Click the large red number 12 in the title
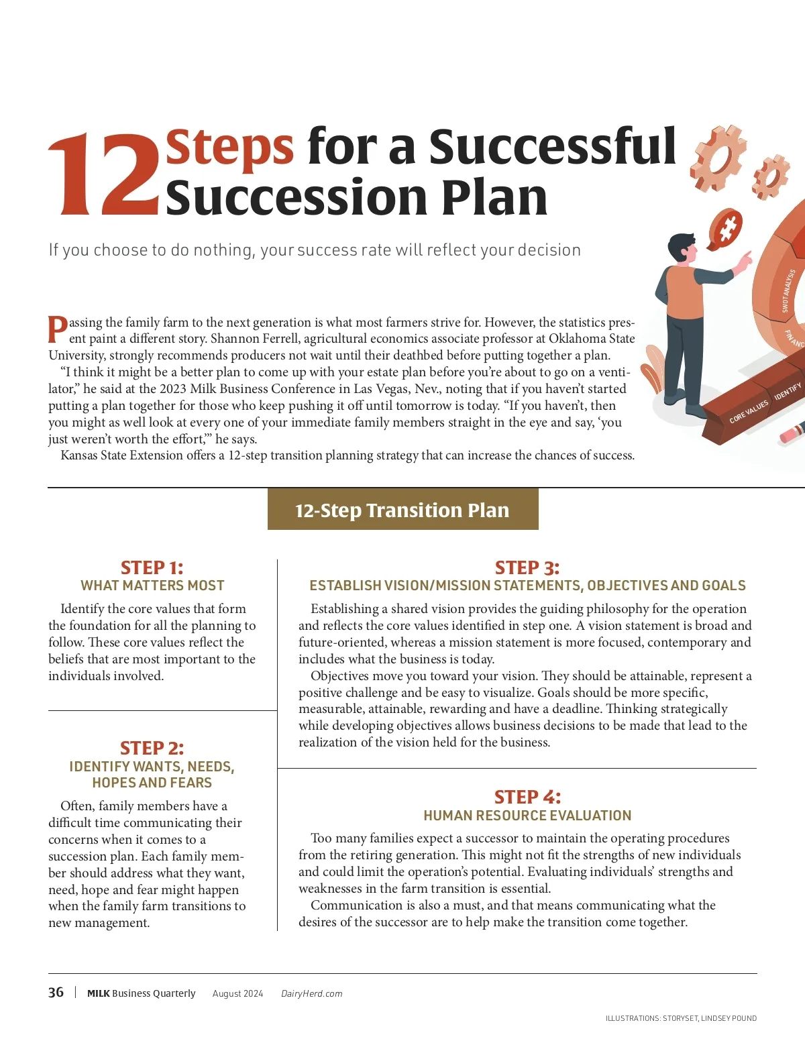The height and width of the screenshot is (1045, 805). [103, 174]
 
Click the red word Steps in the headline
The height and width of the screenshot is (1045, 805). [229, 147]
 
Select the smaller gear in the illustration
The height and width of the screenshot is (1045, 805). [770, 178]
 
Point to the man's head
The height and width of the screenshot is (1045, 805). [684, 248]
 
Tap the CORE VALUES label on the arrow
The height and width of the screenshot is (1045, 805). [749, 412]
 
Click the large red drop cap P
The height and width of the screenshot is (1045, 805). [57, 329]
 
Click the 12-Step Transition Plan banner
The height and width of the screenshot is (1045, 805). [402, 510]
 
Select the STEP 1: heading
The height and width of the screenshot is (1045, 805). [152, 567]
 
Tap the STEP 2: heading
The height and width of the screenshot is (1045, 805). [152, 748]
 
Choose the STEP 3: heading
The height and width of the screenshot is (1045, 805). [527, 567]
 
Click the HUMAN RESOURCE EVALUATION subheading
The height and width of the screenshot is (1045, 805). [527, 815]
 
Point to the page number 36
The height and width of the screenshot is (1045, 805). [56, 992]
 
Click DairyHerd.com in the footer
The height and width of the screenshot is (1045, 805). [312, 993]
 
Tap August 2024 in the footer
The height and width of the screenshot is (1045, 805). [237, 993]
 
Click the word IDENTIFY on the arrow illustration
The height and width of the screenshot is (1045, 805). [788, 392]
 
